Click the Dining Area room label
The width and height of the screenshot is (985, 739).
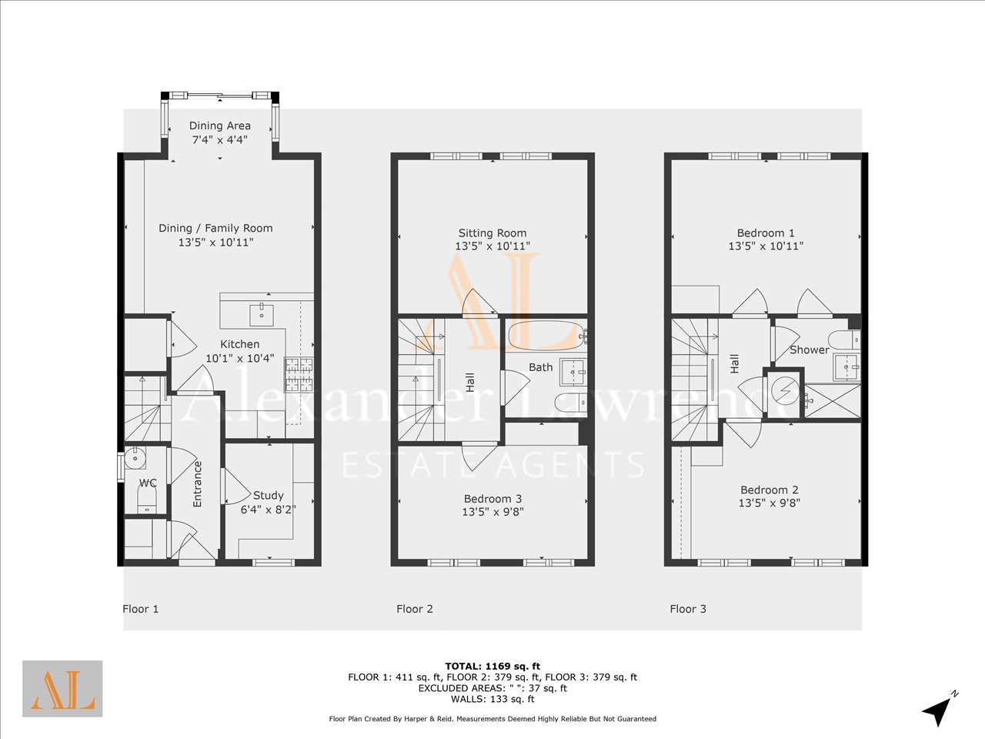pos(219,125)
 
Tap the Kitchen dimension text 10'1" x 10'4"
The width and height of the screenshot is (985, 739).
pos(239,359)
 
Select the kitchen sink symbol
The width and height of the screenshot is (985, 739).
pos(261,314)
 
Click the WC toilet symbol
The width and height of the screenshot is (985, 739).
pos(146,500)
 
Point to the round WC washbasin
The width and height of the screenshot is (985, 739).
pos(134,458)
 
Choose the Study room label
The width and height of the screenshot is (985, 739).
pos(269,495)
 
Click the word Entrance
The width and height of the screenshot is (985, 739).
pos(197,484)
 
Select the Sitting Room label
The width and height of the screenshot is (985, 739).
pos(492,233)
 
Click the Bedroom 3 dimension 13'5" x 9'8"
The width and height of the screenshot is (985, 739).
pos(492,511)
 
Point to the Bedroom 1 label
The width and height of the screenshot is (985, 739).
pos(766,233)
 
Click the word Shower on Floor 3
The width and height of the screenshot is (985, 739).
pos(809,350)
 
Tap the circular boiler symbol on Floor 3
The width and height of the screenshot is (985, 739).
pos(785,391)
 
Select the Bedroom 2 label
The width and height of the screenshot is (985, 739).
pos(770,490)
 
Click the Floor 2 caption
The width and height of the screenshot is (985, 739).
pos(414,609)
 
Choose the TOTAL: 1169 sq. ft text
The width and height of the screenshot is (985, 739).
pos(492,667)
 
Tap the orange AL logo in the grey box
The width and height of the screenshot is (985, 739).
pos(62,689)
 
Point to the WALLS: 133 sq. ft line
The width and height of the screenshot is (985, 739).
pos(492,699)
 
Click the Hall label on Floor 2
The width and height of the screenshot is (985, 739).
pos(470,382)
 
